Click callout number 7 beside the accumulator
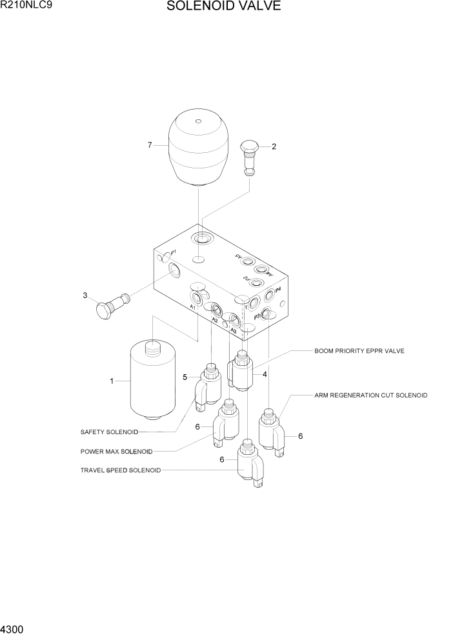150,145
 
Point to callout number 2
274,146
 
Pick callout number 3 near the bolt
85,296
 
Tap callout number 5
185,377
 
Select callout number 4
265,374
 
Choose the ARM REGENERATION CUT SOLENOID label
370,395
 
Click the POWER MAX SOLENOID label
116,451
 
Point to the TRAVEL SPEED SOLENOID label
120,470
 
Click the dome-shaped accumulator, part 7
198,150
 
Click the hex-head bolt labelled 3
111,305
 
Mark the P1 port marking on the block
174,252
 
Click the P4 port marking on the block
278,290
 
